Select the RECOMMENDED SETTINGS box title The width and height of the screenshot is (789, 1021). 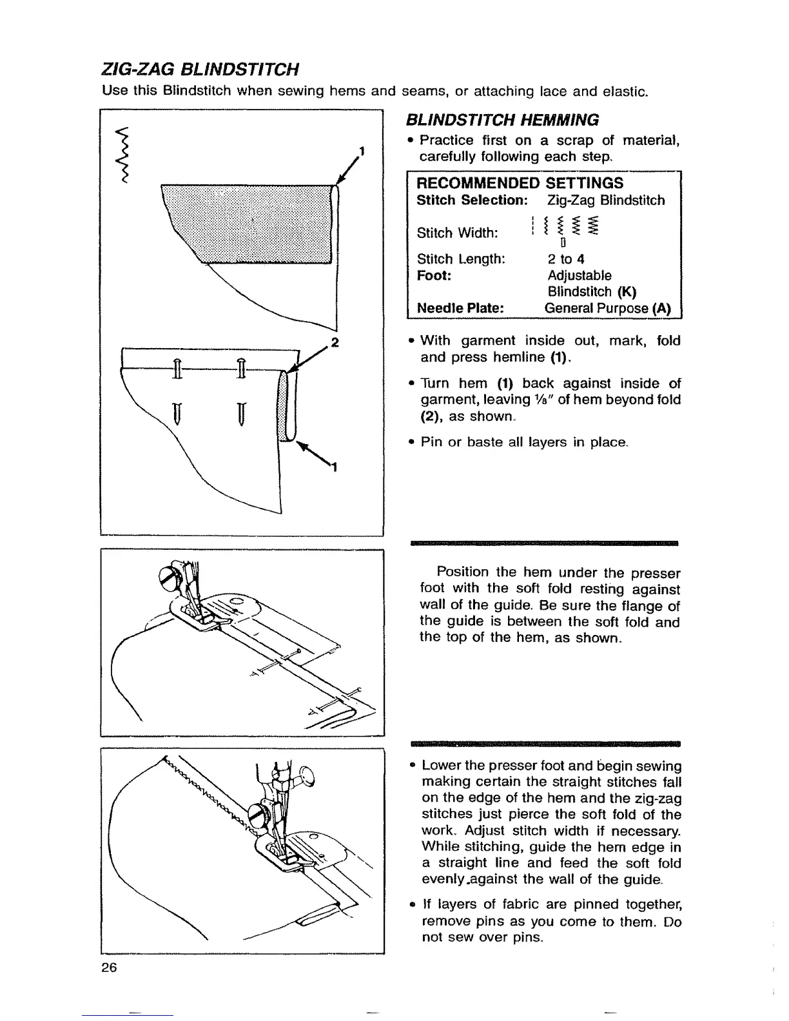(520, 182)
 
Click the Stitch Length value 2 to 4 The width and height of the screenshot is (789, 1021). (566, 259)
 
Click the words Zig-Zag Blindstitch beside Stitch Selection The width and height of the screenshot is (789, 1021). (605, 200)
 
